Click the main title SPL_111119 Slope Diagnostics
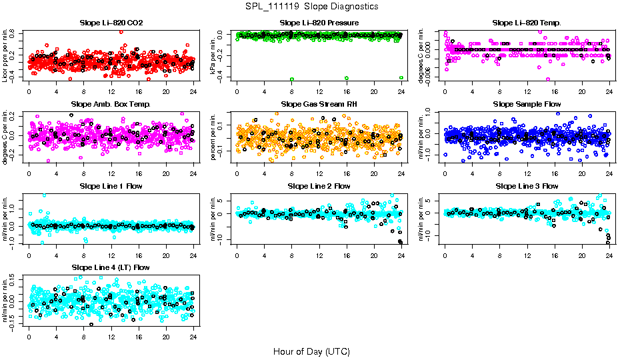pos(312,6)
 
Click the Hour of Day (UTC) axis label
pos(311,351)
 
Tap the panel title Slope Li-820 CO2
pos(111,23)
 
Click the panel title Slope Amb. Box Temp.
pos(111,104)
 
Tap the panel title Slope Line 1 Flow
pos(111,186)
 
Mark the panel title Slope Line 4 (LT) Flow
pos(111,267)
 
